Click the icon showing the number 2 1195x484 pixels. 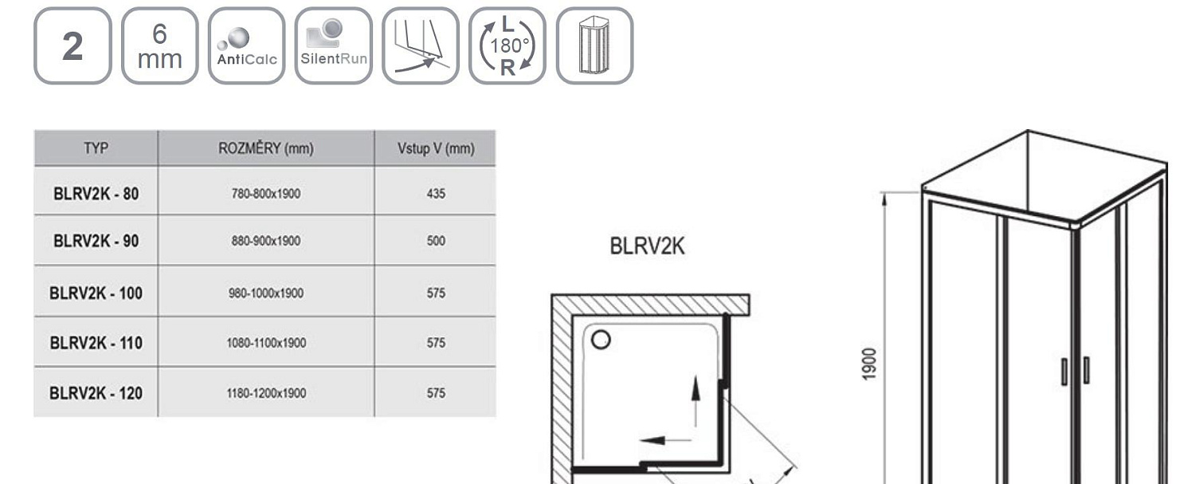click(72, 45)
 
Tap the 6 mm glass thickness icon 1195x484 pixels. click(159, 45)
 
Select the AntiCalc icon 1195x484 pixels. click(246, 45)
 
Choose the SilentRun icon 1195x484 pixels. click(333, 45)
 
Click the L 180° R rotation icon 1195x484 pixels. click(507, 45)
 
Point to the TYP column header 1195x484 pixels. click(96, 148)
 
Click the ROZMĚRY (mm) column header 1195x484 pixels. click(266, 148)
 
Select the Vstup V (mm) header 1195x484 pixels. click(435, 148)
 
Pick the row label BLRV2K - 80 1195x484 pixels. click(96, 193)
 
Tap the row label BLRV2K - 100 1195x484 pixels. click(96, 293)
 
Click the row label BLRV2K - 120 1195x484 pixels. click(96, 393)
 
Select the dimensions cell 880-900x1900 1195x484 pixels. click(265, 242)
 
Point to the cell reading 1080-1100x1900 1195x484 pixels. click(265, 344)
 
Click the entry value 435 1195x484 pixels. click(436, 194)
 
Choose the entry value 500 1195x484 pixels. click(436, 242)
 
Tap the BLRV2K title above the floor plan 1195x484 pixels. click(647, 247)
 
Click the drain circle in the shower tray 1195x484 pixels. click(601, 340)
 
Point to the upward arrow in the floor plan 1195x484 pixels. click(695, 399)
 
